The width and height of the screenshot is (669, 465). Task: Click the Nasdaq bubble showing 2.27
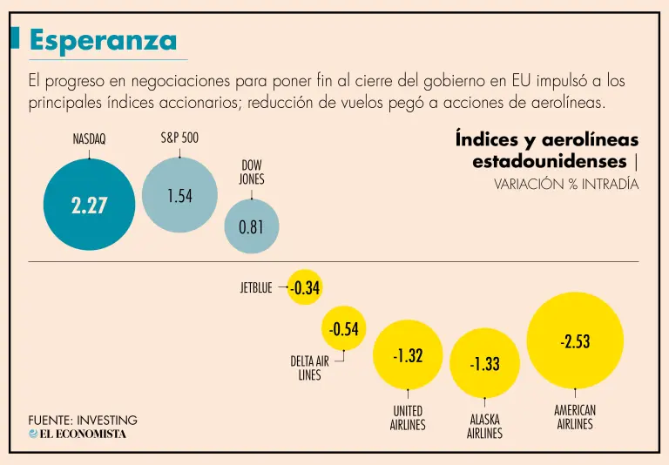pos(90,206)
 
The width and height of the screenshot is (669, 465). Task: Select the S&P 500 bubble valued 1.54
pos(179,195)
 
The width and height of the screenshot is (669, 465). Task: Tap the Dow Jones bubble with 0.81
pos(252,226)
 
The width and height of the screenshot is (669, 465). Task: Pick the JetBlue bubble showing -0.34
pos(305,287)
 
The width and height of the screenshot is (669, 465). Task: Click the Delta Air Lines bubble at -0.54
pos(344,328)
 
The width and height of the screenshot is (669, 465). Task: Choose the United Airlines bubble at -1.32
pos(408,355)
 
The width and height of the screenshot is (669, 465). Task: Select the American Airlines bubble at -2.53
pos(575,340)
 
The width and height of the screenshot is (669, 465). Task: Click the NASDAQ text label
pos(90,139)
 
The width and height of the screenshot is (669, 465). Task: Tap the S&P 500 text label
pos(179,138)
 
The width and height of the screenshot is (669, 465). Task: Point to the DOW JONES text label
pos(252,172)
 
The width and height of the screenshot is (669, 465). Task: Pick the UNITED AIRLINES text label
pos(408,418)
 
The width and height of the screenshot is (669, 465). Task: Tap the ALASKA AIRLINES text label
pos(484,426)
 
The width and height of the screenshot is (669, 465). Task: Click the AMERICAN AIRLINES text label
pos(575,417)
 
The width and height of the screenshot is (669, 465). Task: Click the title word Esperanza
pos(103,39)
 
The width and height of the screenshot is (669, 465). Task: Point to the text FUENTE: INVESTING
pos(83,420)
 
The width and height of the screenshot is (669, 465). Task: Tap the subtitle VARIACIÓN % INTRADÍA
pos(565,184)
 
